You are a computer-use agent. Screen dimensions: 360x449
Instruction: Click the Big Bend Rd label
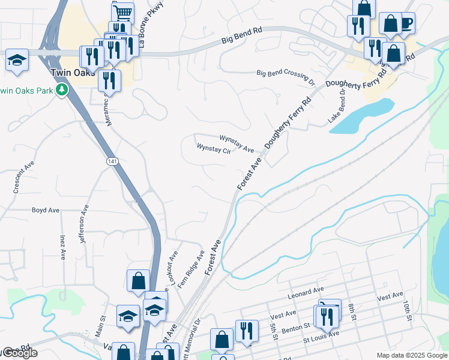(x=242, y=37)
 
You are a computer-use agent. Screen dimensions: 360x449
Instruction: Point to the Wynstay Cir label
(x=213, y=148)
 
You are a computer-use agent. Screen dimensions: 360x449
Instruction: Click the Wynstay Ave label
(x=237, y=143)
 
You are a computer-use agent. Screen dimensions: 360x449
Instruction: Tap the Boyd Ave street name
(x=46, y=211)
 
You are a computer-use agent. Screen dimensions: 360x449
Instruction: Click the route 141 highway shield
(x=112, y=161)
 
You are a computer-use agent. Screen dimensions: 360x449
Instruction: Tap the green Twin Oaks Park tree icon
(x=61, y=90)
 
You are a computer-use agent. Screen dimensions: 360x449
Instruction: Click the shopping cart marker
(x=122, y=11)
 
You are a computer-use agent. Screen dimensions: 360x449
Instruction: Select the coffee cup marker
(x=406, y=22)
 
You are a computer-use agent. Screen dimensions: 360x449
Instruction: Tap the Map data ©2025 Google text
(x=412, y=355)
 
